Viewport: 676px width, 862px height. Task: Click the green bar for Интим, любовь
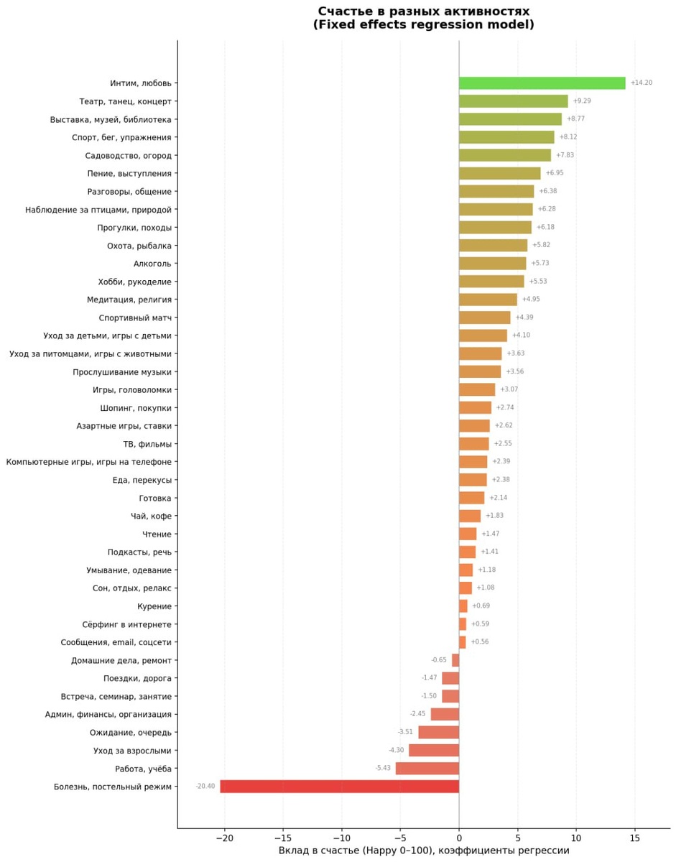coord(542,83)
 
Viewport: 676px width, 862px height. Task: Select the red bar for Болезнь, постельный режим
coord(339,787)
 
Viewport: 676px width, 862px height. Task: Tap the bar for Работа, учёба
coord(427,769)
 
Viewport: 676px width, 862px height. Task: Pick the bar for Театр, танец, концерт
coord(513,101)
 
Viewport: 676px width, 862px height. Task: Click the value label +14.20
coord(641,83)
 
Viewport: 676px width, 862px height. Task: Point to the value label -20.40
coord(205,787)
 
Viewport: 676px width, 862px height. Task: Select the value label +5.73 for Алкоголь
coord(540,264)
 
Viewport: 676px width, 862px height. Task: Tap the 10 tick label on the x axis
coord(575,838)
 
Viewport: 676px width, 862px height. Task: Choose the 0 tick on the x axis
coord(459,838)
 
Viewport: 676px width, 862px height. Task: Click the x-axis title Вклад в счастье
coord(424,851)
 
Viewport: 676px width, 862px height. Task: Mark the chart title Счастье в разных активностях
coord(423,11)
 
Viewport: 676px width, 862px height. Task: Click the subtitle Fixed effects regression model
coord(423,25)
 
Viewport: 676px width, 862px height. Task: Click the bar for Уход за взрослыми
coord(434,751)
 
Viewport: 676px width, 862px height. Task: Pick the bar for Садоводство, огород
coord(504,155)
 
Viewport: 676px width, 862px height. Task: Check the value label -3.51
coord(405,733)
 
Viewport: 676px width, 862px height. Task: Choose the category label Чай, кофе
coord(152,516)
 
